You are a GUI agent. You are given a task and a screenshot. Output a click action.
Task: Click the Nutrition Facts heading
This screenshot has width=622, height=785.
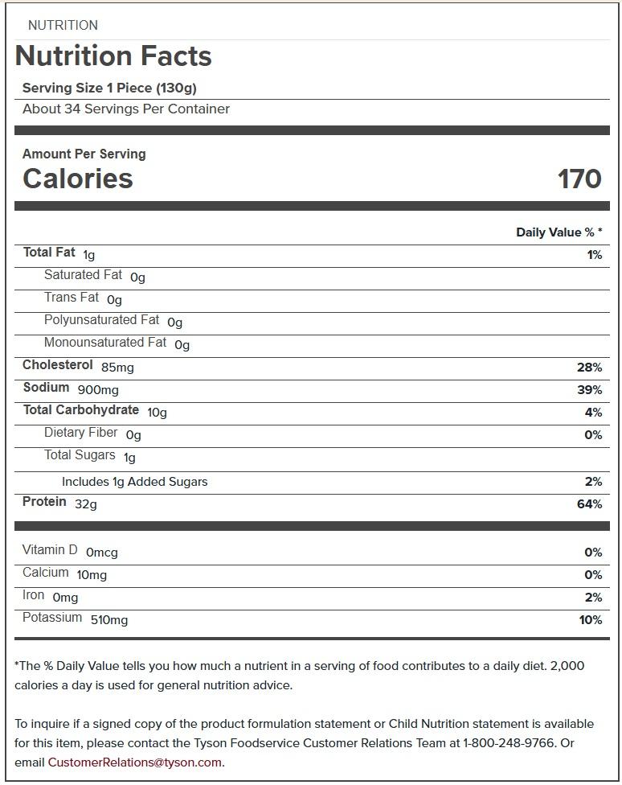point(113,56)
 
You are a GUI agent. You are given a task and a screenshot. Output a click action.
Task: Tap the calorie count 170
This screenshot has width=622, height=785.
point(579,179)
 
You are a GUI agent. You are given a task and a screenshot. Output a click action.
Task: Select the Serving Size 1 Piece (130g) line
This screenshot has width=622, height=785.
point(109,88)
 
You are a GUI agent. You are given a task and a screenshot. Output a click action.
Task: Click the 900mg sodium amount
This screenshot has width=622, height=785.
point(98,390)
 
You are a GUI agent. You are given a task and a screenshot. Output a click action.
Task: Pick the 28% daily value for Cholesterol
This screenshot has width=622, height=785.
point(589,368)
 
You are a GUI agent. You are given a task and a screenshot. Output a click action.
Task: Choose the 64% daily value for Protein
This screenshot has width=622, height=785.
point(589,504)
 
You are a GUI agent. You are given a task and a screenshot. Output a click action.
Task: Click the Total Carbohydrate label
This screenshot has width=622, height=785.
point(80,410)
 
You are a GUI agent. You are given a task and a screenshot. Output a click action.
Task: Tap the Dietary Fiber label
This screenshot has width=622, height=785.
point(80,433)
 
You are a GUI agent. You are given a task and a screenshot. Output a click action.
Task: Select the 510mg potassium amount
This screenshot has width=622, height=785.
point(108,620)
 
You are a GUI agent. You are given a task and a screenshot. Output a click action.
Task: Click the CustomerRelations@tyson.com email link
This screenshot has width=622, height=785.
point(134,762)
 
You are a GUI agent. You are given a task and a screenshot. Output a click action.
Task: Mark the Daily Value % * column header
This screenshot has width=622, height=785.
point(559,232)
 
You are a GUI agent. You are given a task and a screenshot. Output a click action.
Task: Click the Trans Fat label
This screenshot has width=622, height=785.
point(72,298)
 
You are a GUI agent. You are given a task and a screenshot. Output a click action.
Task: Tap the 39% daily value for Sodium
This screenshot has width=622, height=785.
point(589,390)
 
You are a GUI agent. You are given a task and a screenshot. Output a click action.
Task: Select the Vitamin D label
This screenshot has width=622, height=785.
point(50,550)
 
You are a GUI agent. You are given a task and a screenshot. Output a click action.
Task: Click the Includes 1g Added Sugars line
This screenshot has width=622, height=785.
point(134,482)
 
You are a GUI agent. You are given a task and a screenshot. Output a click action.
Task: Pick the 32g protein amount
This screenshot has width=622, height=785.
point(86,504)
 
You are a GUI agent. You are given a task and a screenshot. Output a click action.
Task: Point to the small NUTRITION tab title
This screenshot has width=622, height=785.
point(63,25)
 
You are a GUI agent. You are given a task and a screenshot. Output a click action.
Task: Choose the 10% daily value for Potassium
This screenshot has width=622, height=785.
point(590,620)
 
